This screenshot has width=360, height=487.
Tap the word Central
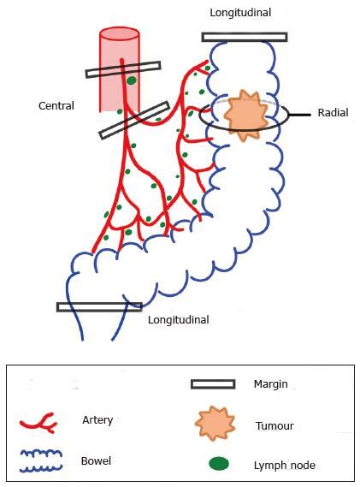click(56, 106)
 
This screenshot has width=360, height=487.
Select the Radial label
click(333, 112)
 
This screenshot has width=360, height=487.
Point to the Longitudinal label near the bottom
click(178, 320)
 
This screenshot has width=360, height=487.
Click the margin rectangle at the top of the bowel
click(245, 37)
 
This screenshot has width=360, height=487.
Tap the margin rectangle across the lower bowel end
click(99, 306)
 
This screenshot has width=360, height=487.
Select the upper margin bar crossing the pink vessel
click(123, 69)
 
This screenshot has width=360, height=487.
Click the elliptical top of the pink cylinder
click(120, 35)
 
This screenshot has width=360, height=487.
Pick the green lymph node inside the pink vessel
click(132, 81)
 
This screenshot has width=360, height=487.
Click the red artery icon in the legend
click(38, 422)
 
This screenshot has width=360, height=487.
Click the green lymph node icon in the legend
click(220, 464)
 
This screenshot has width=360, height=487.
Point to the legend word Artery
click(97, 420)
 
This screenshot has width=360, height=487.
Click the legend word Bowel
click(96, 460)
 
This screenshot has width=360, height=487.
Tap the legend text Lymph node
click(285, 465)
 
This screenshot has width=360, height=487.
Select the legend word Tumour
click(274, 425)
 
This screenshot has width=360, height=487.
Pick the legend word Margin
click(271, 384)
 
